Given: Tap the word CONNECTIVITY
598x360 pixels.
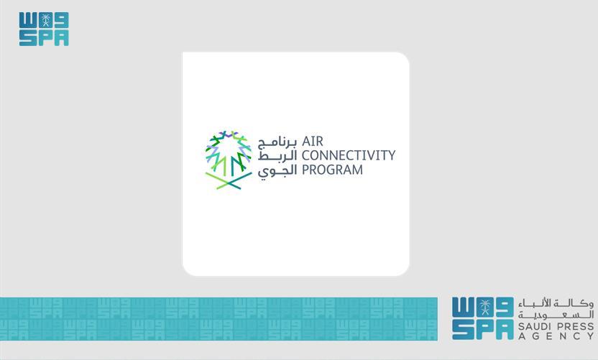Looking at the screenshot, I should coord(348,155).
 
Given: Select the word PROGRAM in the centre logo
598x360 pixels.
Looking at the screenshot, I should coord(332,170).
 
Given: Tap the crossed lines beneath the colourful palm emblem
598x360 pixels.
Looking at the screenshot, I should coord(228,181).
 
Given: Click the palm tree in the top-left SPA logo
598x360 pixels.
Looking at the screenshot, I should coord(44,19).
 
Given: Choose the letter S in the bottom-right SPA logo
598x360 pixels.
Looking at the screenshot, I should coord(461,331).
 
